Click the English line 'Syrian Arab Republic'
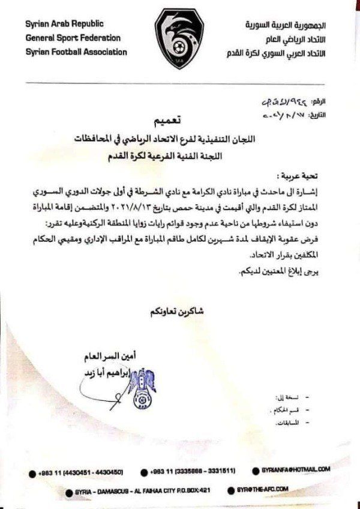65,24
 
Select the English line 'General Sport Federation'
73,38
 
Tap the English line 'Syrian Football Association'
76,52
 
